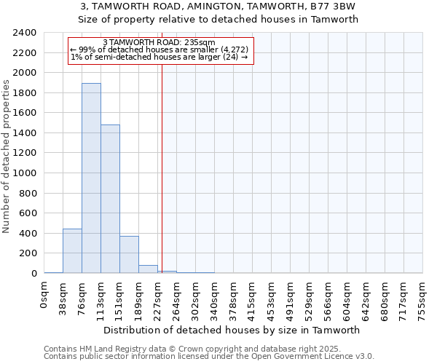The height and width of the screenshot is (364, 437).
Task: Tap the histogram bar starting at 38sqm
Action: point(72,251)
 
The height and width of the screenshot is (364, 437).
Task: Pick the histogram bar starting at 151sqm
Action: point(129,255)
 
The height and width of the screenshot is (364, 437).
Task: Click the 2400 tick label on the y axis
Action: point(25,33)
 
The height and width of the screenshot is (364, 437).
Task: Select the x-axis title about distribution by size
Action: point(233,330)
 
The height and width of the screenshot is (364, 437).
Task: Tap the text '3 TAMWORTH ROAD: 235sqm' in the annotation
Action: point(159,42)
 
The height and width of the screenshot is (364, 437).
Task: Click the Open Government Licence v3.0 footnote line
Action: point(209,357)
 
